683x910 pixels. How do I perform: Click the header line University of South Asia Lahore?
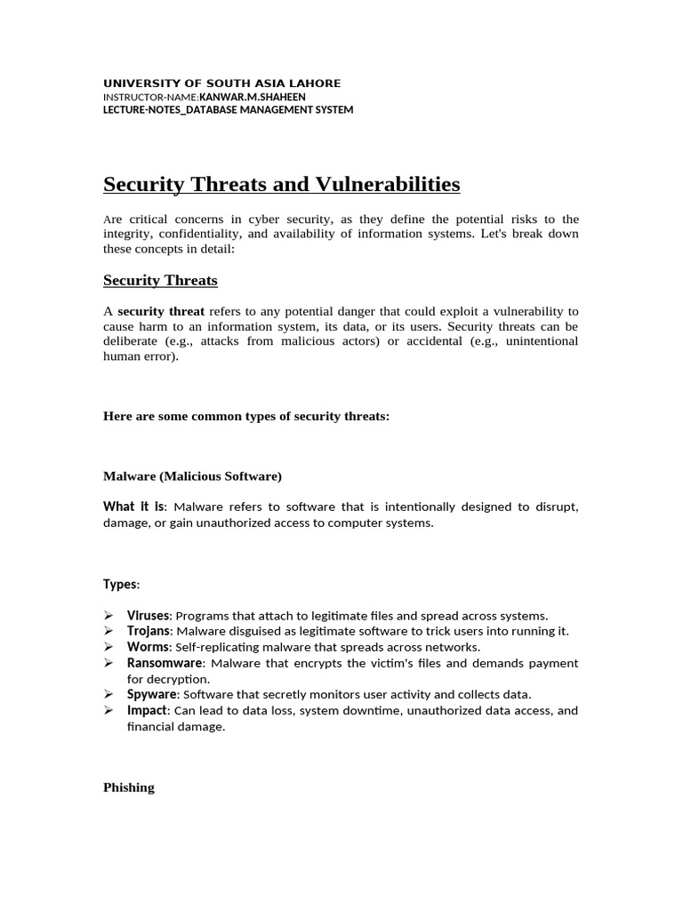point(221,84)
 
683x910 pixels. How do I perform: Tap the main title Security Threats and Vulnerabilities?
point(282,184)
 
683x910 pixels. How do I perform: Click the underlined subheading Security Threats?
point(160,281)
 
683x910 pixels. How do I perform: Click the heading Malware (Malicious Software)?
point(192,476)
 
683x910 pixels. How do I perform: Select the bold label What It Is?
point(133,507)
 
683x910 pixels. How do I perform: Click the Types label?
point(121,584)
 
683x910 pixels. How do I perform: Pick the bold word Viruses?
point(148,616)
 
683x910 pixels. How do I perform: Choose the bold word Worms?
point(147,647)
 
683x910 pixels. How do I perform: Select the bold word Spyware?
point(152,694)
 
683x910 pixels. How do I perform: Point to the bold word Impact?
point(147,710)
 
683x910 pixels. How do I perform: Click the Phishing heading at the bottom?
point(129,787)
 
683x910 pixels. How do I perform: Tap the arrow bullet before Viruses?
point(108,616)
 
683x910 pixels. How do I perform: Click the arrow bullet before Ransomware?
point(108,663)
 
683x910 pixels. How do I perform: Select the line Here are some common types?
point(246,416)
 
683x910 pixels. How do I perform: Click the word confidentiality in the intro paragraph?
point(207,234)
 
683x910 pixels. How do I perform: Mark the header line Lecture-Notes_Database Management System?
point(229,110)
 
